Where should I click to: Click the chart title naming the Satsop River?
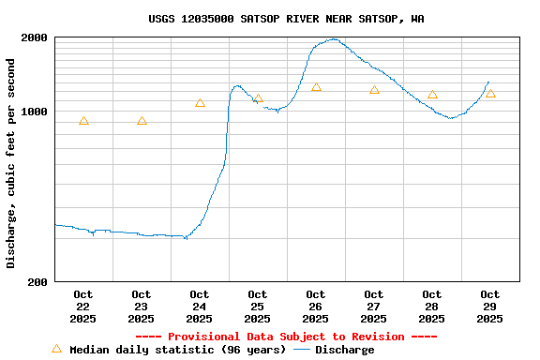click(x=286, y=19)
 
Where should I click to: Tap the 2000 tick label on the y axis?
click(x=35, y=38)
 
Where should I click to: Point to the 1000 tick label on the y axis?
click(x=35, y=112)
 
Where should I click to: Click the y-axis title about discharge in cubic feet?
click(x=11, y=163)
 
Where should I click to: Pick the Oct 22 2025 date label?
click(x=83, y=307)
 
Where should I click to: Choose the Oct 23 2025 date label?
click(x=142, y=307)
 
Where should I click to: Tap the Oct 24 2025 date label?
click(x=200, y=307)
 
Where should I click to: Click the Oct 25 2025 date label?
click(x=258, y=307)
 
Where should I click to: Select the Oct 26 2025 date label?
click(x=316, y=307)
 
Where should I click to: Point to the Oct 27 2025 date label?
click(x=374, y=307)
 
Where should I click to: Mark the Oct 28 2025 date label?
click(x=432, y=307)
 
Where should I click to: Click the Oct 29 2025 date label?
click(x=490, y=307)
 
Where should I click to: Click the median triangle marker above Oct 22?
click(x=83, y=121)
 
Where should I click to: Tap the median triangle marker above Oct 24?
click(x=200, y=103)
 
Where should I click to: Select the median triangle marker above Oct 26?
click(x=316, y=87)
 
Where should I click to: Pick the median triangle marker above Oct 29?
click(x=490, y=94)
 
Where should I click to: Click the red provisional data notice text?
click(x=286, y=337)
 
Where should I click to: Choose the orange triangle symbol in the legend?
click(x=56, y=349)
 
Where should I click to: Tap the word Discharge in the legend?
click(x=344, y=350)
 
